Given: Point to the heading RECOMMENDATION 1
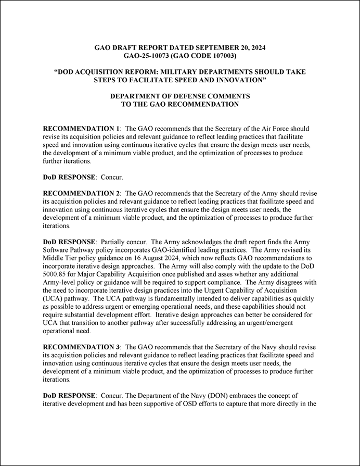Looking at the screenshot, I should [x=81, y=128].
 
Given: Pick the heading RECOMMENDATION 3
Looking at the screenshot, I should [x=81, y=347].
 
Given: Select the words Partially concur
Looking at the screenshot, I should [x=121, y=242].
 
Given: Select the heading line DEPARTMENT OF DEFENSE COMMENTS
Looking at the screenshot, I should [x=180, y=96].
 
